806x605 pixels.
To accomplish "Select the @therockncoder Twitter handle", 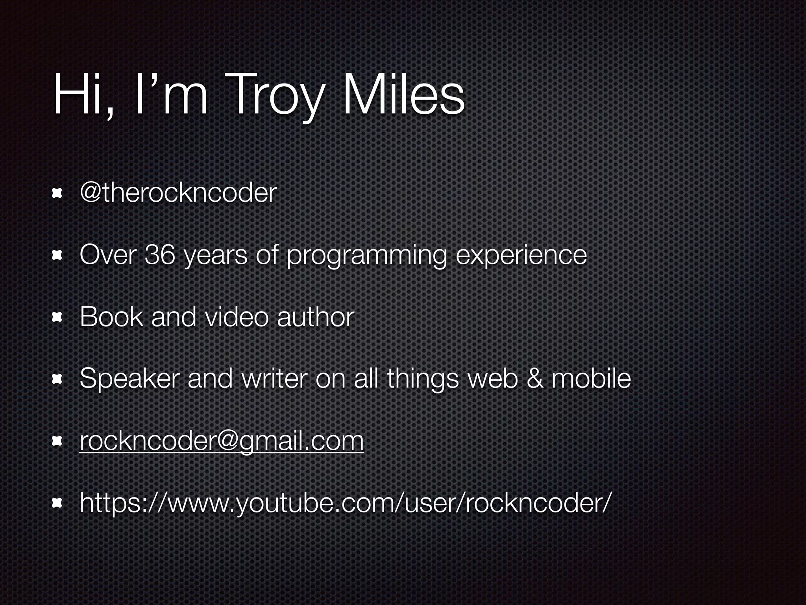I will pyautogui.click(x=178, y=193).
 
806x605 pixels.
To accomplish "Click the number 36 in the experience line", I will pyautogui.click(x=160, y=254).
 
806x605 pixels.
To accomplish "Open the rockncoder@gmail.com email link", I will pyautogui.click(x=222, y=441).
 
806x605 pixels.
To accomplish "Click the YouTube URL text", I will pyautogui.click(x=346, y=503).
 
